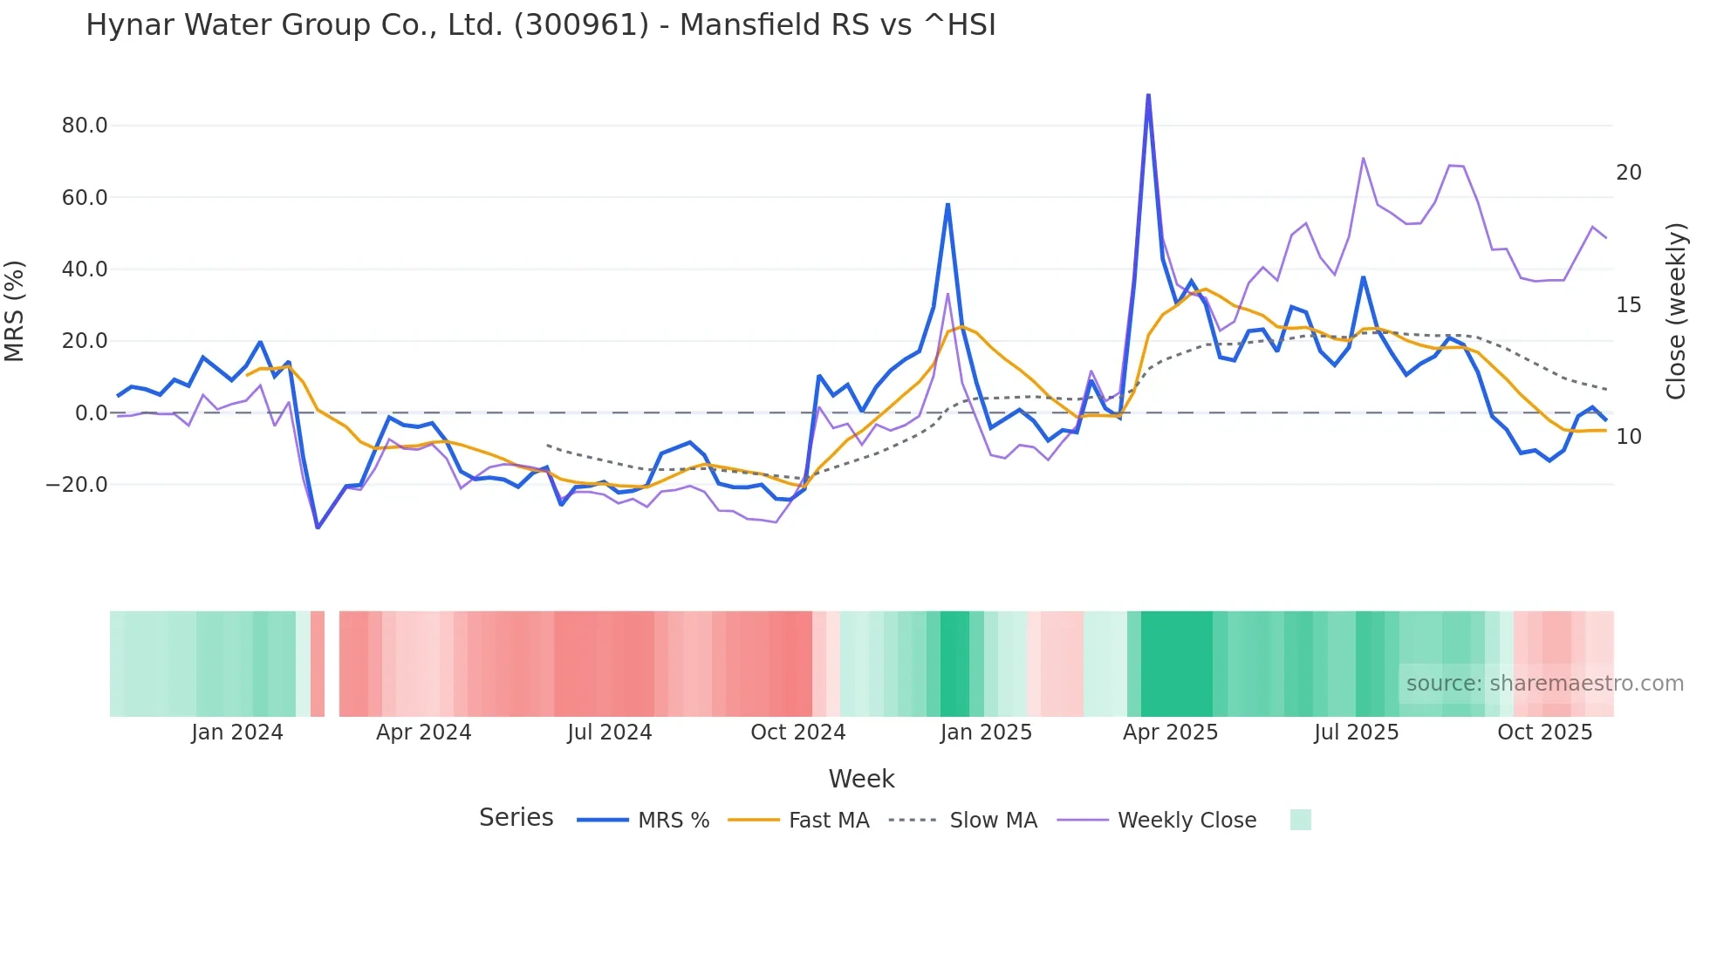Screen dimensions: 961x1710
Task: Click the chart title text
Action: (x=541, y=25)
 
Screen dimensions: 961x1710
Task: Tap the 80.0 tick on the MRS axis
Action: (x=85, y=126)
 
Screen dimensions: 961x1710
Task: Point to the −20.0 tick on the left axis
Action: (x=77, y=485)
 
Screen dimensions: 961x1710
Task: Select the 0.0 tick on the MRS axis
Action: (x=91, y=413)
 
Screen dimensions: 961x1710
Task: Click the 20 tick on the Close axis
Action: (x=1628, y=173)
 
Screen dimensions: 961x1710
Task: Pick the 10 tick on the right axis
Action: (x=1628, y=437)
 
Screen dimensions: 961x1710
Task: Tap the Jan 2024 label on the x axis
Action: (x=237, y=733)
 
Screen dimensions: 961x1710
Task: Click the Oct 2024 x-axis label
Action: (x=797, y=733)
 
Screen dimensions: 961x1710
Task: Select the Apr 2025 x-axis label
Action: (x=1170, y=733)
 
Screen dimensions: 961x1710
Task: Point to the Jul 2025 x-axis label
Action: (x=1356, y=733)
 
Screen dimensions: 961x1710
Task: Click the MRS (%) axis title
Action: (x=15, y=311)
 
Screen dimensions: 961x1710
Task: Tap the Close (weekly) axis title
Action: (x=1676, y=311)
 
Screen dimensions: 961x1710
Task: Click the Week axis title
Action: (x=861, y=779)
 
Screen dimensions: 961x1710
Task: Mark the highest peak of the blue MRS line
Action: (x=1148, y=95)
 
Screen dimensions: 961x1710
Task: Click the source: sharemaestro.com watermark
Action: (x=1544, y=684)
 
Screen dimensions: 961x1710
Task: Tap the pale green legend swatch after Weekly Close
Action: (x=1300, y=820)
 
